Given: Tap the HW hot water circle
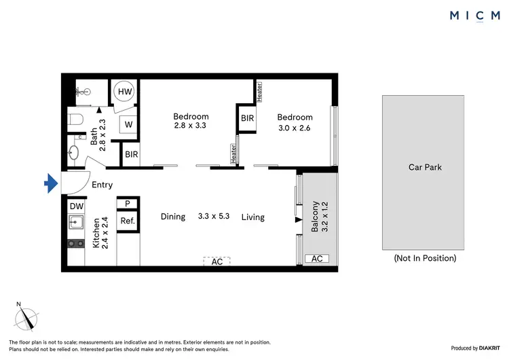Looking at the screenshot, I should [x=126, y=92].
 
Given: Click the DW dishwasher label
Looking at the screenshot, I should [x=76, y=205].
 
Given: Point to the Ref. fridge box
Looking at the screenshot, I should [x=127, y=221].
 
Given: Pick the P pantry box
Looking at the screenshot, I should [x=127, y=203].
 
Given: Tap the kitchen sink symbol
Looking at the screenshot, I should [x=75, y=222].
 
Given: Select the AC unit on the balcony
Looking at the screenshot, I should [x=316, y=259].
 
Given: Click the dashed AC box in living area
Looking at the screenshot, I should [x=217, y=261].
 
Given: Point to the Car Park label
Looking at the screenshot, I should [x=424, y=166].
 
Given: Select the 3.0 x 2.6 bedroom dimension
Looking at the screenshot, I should [x=294, y=127].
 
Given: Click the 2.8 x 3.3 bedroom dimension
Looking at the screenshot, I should [x=190, y=126].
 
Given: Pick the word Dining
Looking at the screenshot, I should [x=173, y=217].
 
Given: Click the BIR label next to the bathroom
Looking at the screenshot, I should [x=131, y=154].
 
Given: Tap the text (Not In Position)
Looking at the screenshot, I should [x=425, y=257].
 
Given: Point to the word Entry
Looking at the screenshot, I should [x=102, y=185].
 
